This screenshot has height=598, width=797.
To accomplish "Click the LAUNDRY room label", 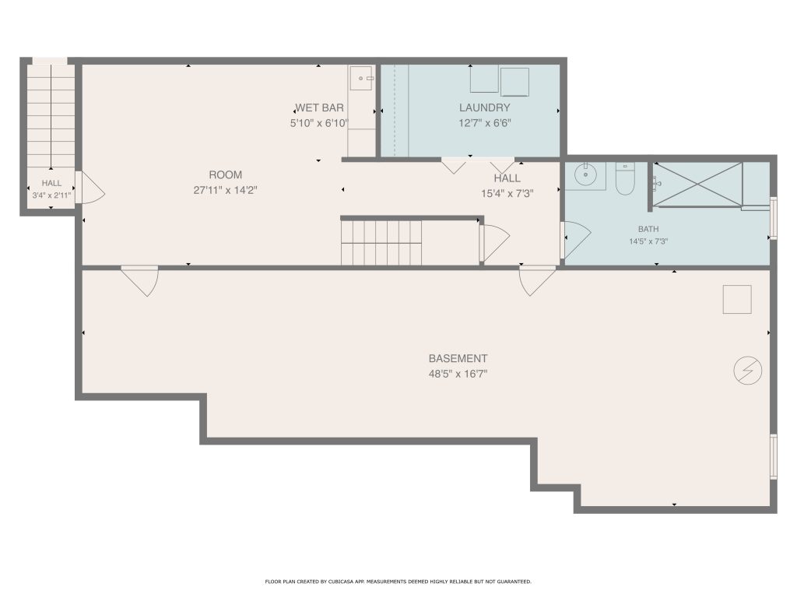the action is [x=484, y=107].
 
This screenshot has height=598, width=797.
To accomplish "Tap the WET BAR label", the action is [x=320, y=107].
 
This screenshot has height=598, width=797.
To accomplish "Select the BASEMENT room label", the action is [x=458, y=358].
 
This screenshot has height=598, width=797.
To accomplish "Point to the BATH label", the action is [x=648, y=230].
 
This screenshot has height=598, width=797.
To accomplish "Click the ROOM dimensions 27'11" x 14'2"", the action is [x=225, y=190].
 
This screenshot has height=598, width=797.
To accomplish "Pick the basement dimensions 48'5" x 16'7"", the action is [x=458, y=375].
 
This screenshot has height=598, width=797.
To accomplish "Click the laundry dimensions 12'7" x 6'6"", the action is [x=484, y=123].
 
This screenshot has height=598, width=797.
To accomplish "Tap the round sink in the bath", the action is [x=585, y=175].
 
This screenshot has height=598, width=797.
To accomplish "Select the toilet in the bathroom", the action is [x=625, y=179].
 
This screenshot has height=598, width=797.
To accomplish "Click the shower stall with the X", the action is [x=697, y=185].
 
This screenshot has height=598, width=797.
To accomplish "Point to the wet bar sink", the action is [x=361, y=79].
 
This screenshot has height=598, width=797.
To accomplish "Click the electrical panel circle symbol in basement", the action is [x=747, y=370].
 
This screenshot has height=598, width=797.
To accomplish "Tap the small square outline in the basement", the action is [x=737, y=300].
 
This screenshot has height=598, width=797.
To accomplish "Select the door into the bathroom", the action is [x=575, y=240].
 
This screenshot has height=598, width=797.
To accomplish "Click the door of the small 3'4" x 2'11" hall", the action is [x=90, y=188].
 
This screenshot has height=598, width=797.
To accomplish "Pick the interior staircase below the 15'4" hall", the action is [x=381, y=242].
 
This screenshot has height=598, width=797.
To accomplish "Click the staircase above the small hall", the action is [x=51, y=116].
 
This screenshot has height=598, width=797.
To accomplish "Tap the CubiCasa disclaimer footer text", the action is [x=398, y=581].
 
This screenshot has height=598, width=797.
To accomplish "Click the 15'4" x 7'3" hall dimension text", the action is [x=507, y=194].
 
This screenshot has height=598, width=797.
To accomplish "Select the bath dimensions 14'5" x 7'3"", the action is [x=648, y=241].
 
